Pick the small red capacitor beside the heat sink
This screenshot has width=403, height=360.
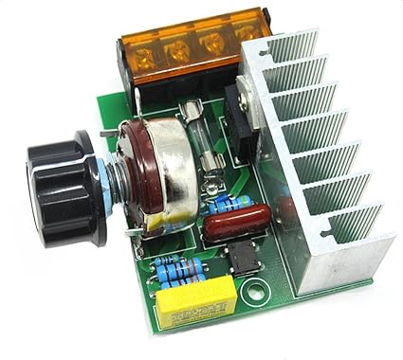(x=285, y=208)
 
